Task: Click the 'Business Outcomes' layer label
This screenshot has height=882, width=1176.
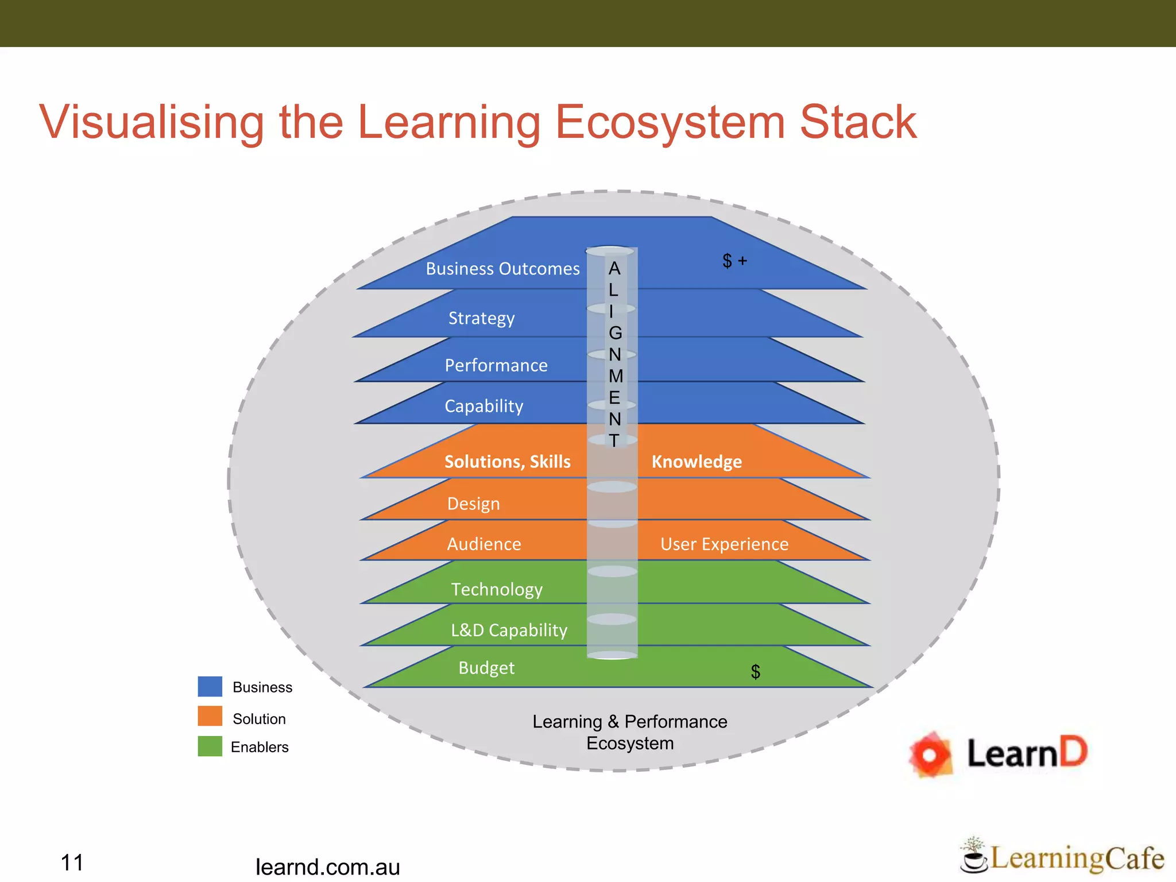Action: coord(502,269)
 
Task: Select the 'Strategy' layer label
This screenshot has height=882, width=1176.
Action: coord(481,318)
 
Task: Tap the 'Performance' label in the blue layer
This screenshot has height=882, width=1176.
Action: coord(496,365)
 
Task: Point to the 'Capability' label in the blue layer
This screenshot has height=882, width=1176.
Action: coord(483,406)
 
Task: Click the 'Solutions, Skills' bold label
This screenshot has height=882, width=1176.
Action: coord(508,462)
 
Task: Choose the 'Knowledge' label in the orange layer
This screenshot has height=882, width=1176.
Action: coord(697,462)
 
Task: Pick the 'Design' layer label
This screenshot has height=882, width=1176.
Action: coord(473,504)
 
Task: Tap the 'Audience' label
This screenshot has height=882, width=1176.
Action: coord(484,544)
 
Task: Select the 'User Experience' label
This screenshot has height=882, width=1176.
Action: coord(724,544)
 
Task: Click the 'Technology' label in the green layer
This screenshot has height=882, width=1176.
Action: coord(497,589)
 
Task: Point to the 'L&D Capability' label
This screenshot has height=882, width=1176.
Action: coord(509,630)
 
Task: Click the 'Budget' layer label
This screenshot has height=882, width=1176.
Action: coord(486,668)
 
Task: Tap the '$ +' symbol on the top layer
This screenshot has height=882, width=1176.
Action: coord(734,261)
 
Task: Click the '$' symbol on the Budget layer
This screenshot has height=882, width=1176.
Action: coord(755,671)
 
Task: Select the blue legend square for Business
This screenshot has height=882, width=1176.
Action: coord(210,687)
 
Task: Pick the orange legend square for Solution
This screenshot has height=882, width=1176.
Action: coord(210,716)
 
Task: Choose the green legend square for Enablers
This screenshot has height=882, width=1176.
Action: coord(210,746)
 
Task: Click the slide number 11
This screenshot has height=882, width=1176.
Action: coord(72,862)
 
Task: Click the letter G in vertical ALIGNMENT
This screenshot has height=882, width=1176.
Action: coord(615,333)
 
